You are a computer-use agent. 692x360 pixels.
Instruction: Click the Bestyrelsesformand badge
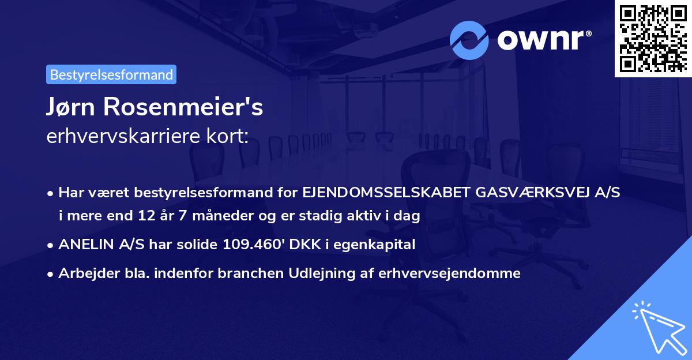(x=111, y=74)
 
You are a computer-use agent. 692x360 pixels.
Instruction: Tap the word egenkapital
(x=377, y=245)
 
